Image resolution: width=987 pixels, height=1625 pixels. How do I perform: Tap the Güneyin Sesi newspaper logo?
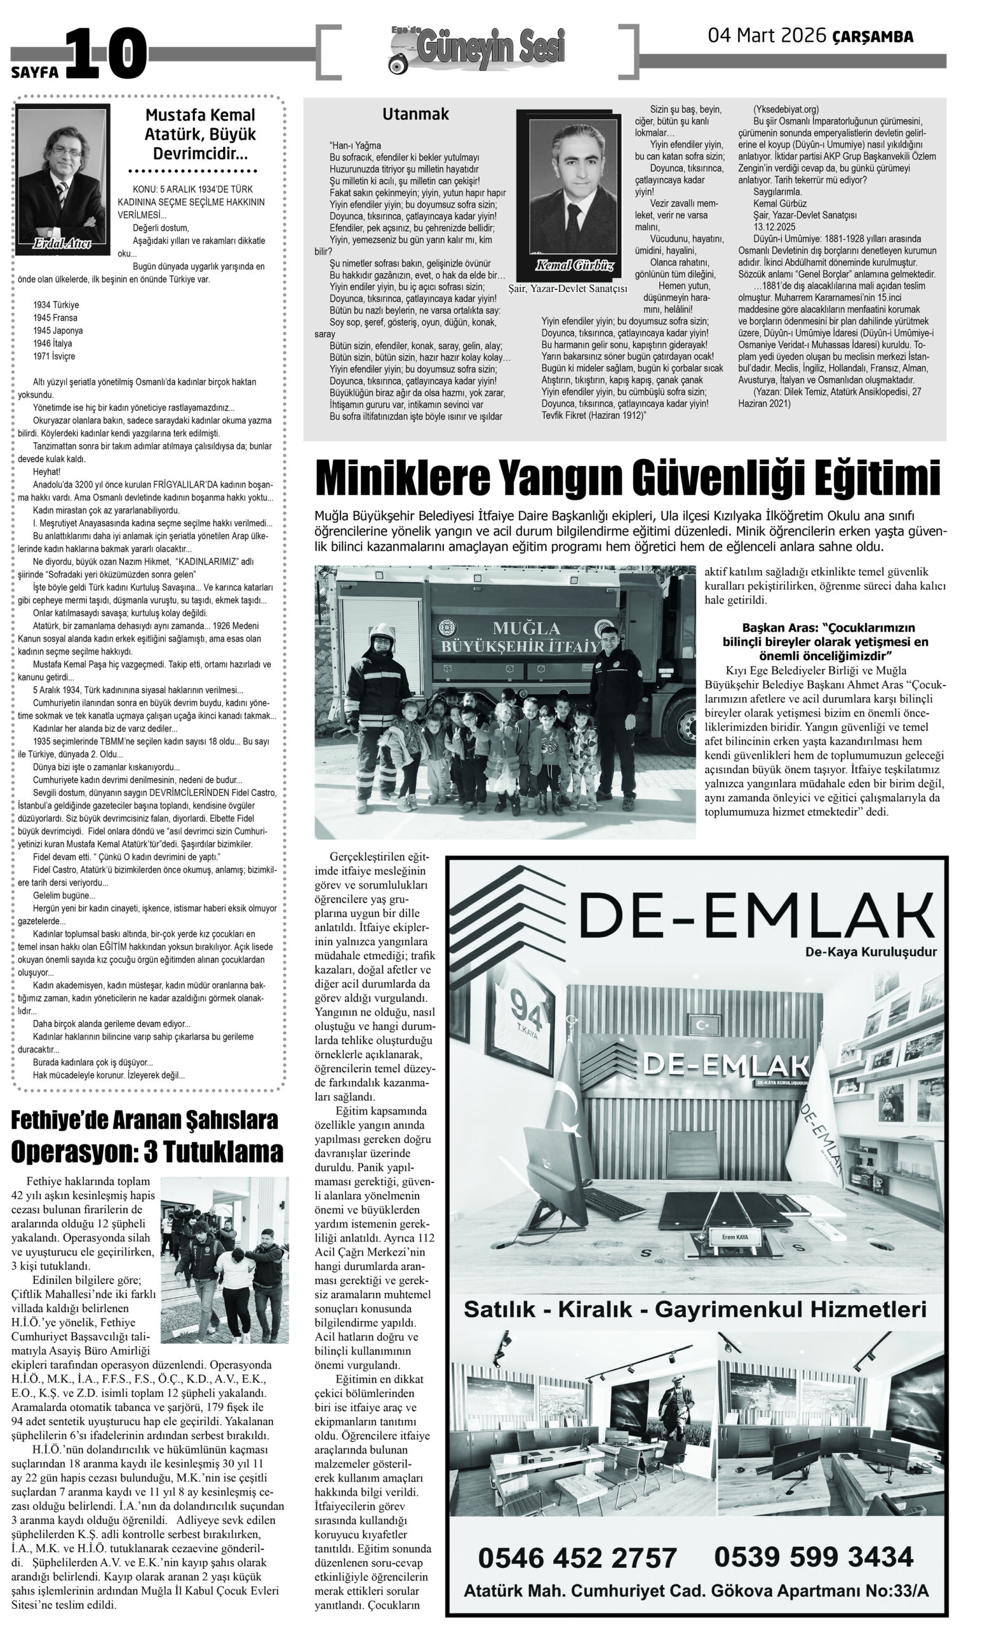479,50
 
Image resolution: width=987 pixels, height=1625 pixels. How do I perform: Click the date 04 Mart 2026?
766,36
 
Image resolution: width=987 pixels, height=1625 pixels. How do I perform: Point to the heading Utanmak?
415,114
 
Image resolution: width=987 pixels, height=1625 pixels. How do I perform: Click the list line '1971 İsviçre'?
54,356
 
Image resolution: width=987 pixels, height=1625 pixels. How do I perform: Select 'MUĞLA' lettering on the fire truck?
526,627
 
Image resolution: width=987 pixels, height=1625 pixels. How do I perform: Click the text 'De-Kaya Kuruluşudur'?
870,952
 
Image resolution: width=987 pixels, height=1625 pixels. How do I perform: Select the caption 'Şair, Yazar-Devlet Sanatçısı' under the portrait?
567,289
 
